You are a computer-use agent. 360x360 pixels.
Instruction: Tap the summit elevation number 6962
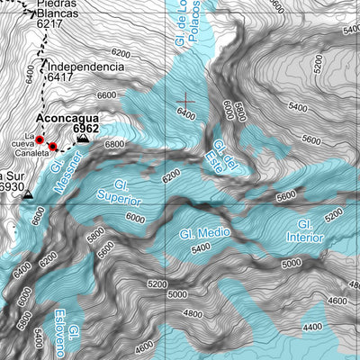[86, 130]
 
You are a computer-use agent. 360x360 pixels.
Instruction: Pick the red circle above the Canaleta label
[53, 147]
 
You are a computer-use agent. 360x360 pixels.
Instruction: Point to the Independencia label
[85, 67]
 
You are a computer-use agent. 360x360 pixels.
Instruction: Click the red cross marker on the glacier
[187, 101]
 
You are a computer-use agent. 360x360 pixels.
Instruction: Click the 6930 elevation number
[11, 186]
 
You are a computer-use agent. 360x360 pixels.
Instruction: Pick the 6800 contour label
[114, 143]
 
